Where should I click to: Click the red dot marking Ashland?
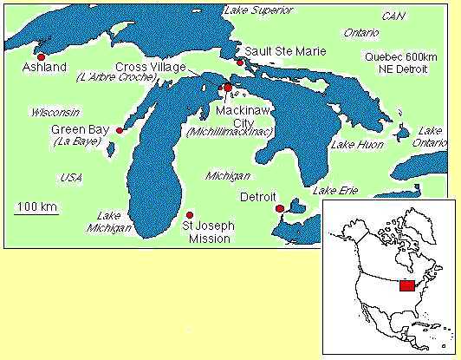click(40, 56)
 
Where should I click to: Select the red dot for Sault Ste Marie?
click(240, 62)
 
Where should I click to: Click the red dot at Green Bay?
click(120, 130)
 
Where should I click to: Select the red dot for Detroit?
click(279, 208)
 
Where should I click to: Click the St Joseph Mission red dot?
click(190, 214)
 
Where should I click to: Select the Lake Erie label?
click(334, 190)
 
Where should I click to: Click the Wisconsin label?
click(54, 113)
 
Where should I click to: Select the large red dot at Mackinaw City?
click(228, 88)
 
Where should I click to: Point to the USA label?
click(71, 177)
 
